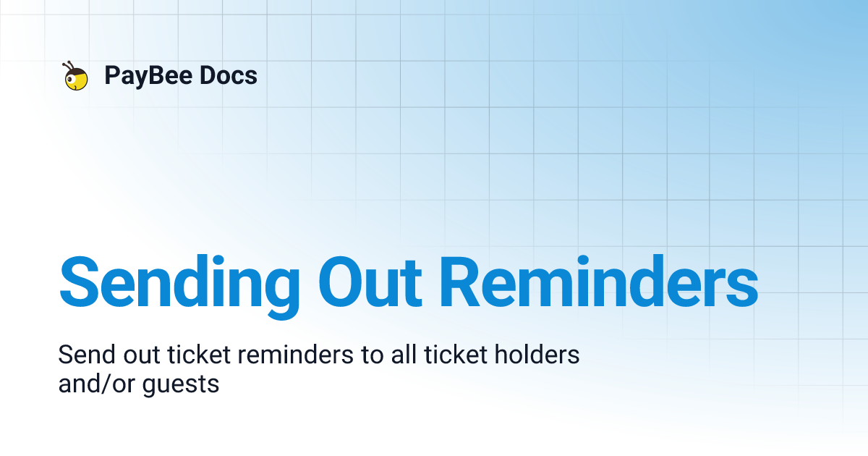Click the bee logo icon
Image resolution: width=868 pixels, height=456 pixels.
click(x=76, y=77)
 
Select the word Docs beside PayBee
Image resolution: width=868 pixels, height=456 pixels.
click(x=227, y=75)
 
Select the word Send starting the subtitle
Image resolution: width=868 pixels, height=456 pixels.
click(x=81, y=355)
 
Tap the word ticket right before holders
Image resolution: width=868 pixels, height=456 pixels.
click(x=456, y=355)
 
